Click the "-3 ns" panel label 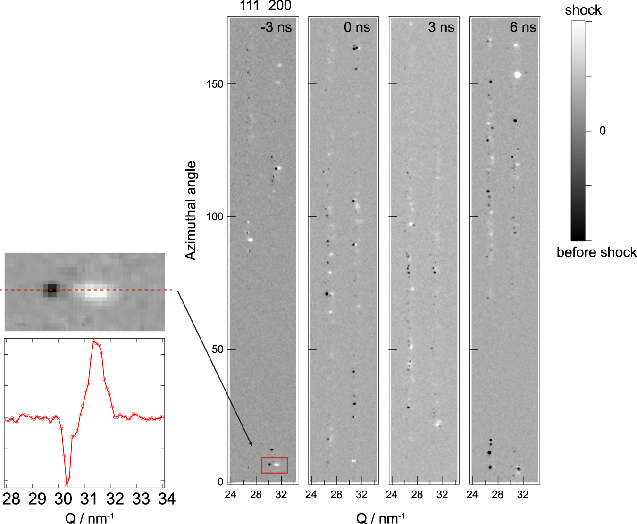(x=276, y=27)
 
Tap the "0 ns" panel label (x=357, y=27)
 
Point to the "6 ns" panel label (x=523, y=27)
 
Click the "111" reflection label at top (x=249, y=6)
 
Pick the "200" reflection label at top (x=280, y=6)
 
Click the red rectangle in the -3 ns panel (x=275, y=465)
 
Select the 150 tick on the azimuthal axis (x=215, y=84)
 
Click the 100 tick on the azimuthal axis (x=215, y=216)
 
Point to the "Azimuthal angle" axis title (x=191, y=210)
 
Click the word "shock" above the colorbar (x=583, y=10)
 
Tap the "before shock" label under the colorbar (x=596, y=252)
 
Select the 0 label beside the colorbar (x=603, y=131)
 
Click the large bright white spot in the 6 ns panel (x=518, y=75)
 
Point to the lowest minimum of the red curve (x=67, y=485)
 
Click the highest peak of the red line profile (x=94, y=341)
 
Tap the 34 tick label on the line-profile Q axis (x=167, y=499)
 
